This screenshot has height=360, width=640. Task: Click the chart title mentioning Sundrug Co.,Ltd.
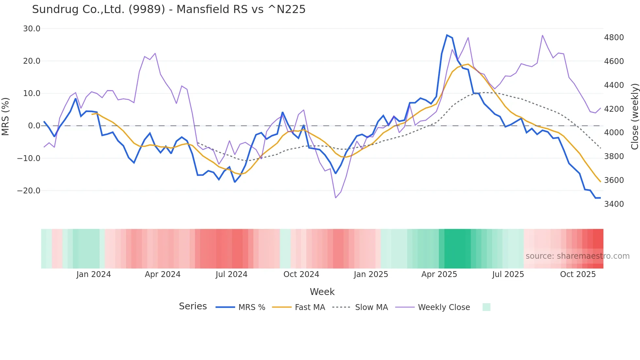(168, 9)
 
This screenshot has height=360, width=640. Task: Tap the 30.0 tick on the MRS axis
(32, 29)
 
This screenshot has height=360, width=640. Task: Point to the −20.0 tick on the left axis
(29, 191)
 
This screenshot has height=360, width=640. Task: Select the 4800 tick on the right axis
(614, 38)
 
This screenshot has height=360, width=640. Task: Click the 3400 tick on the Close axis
(614, 204)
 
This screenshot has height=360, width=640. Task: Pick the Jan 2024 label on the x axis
(94, 274)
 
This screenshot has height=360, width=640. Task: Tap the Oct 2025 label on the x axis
(578, 274)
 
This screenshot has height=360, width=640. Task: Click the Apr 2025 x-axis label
(439, 274)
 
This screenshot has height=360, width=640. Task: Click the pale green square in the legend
(486, 307)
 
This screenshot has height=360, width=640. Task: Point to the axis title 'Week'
(322, 292)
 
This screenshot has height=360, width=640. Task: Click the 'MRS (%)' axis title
(6, 116)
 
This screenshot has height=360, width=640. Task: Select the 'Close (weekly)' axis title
(634, 116)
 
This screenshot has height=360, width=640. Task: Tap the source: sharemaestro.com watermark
(577, 256)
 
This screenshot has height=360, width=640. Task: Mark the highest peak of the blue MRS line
(447, 35)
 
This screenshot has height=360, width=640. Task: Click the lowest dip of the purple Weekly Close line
(335, 198)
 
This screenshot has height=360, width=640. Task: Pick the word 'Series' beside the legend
(193, 306)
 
